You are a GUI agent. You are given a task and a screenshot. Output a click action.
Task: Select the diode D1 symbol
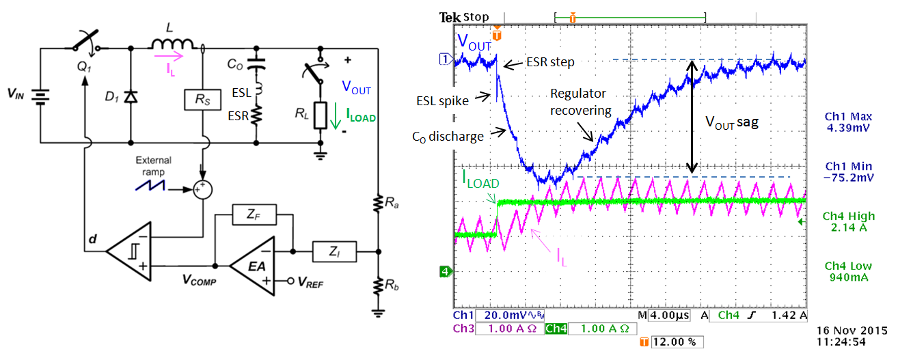coord(130,96)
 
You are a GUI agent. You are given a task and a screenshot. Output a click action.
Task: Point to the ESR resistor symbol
coord(256,117)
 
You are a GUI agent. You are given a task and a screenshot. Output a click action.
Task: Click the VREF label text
coord(311,280)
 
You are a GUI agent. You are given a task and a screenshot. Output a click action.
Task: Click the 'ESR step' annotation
coord(549,62)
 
